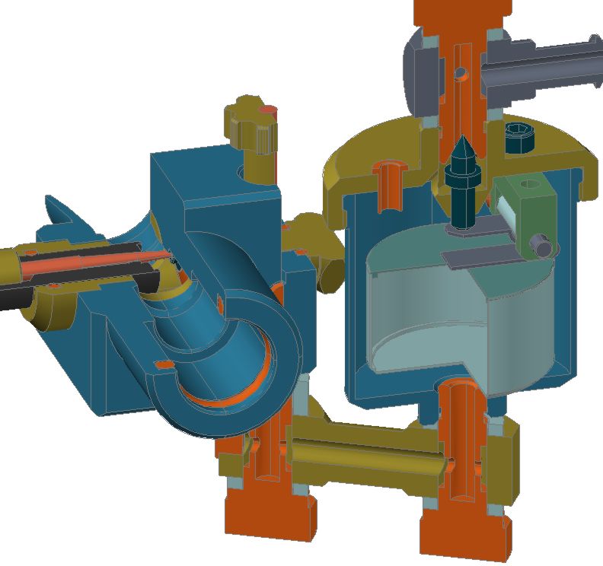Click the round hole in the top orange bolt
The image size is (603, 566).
[x=460, y=73]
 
